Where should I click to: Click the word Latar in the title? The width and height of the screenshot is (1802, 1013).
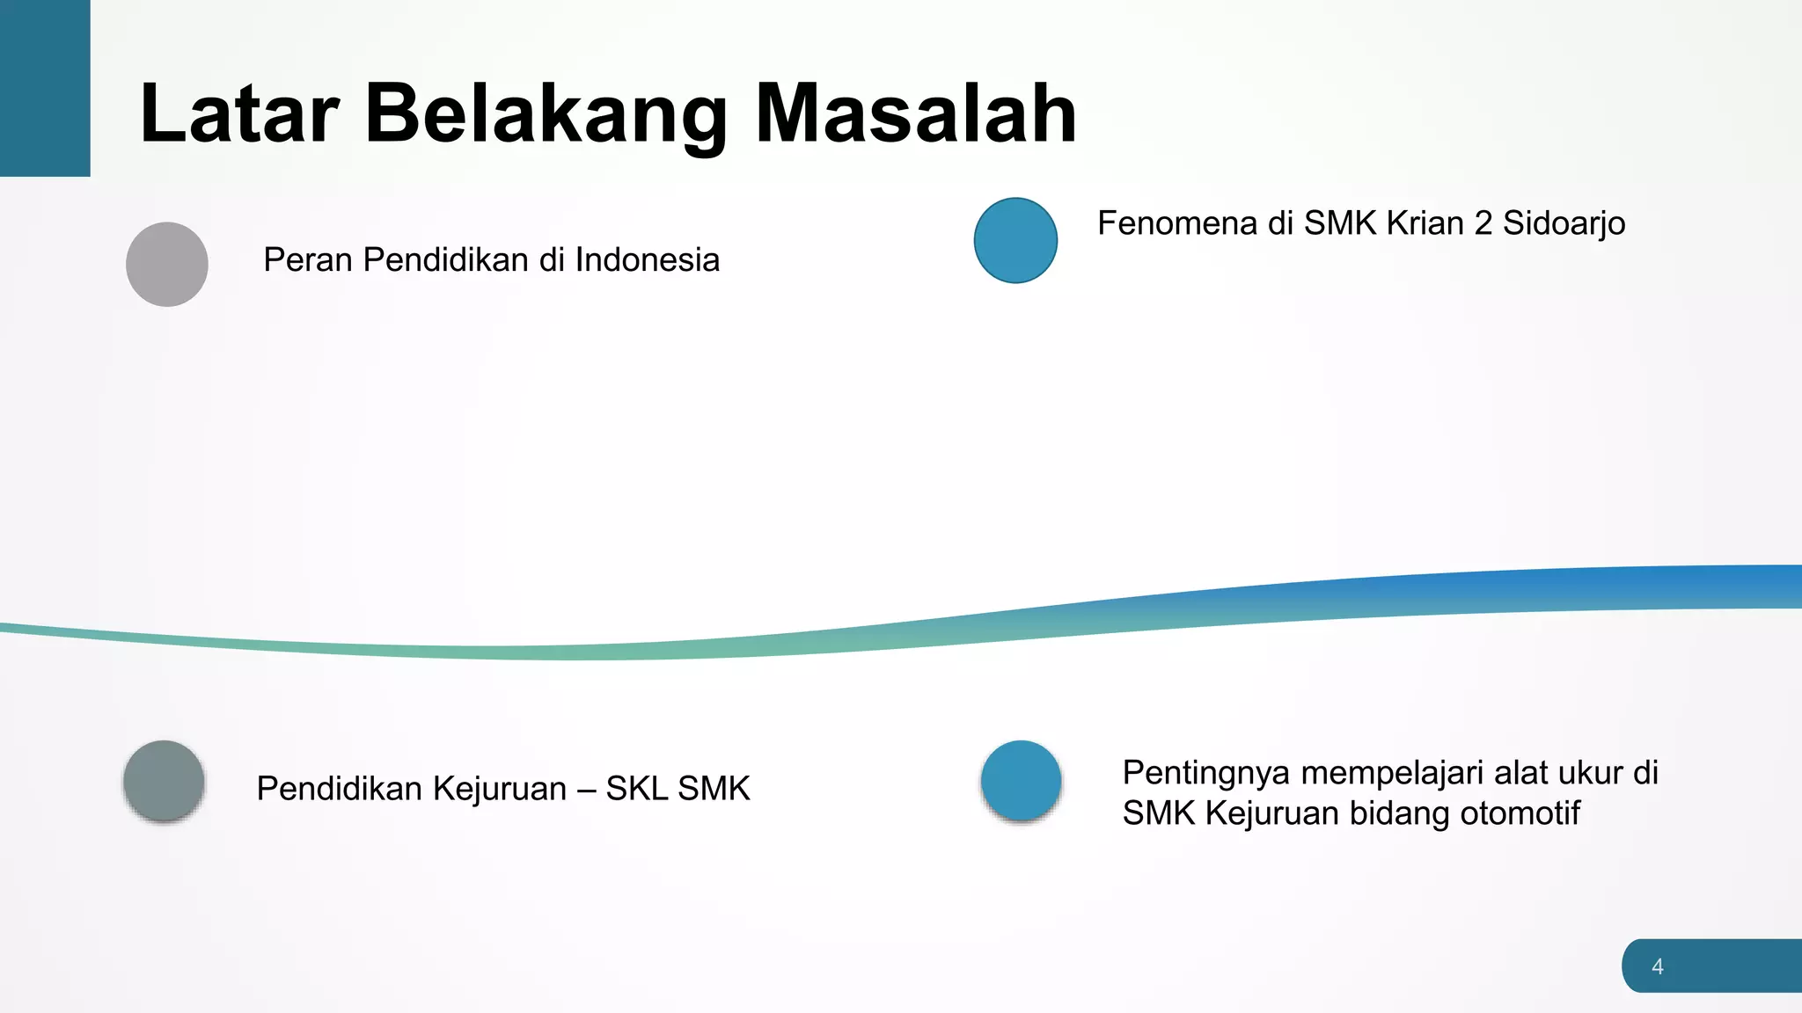click(x=239, y=113)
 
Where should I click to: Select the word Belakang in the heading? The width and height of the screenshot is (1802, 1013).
click(x=546, y=113)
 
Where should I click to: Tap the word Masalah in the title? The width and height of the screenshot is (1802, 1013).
click(x=916, y=113)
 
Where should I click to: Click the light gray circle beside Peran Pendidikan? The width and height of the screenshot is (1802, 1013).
click(x=167, y=264)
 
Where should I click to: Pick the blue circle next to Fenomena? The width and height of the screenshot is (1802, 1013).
click(x=1015, y=240)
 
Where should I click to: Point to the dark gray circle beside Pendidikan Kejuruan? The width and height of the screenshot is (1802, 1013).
click(x=165, y=781)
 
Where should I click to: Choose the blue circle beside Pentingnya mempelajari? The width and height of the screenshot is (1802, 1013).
click(x=1021, y=781)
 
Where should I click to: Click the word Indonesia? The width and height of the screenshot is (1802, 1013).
click(x=648, y=260)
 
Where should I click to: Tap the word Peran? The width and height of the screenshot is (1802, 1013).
click(x=308, y=260)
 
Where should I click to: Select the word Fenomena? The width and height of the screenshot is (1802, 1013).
click(x=1177, y=223)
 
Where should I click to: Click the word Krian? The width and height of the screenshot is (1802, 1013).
click(x=1425, y=223)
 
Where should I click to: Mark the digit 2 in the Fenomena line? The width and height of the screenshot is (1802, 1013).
click(x=1483, y=223)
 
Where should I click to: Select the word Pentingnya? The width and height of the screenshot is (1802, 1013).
click(x=1206, y=774)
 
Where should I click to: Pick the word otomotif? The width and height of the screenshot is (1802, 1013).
click(x=1520, y=813)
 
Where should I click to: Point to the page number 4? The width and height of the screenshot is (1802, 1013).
click(x=1658, y=966)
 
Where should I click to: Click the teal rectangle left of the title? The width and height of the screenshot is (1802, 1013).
click(x=45, y=88)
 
